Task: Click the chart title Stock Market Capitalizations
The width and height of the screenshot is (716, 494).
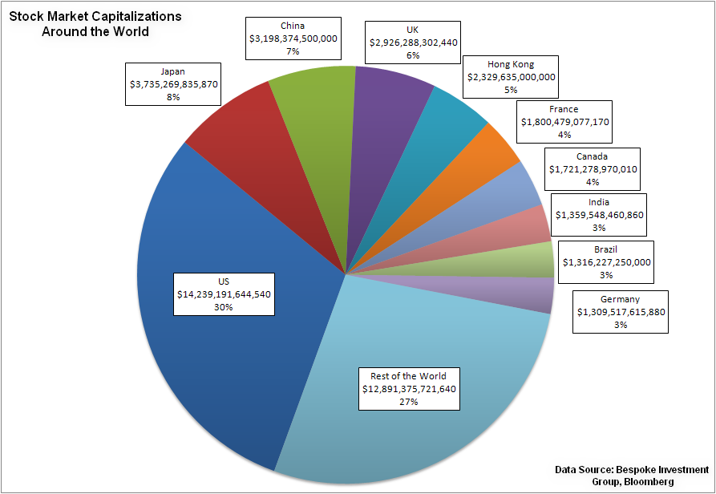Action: [x=95, y=16]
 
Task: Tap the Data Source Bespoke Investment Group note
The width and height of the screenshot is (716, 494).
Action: [x=631, y=475]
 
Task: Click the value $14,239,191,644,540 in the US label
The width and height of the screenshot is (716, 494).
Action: [x=224, y=294]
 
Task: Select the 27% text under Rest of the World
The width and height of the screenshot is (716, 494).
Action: [x=408, y=402]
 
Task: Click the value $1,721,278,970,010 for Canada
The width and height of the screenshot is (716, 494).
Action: [x=593, y=169]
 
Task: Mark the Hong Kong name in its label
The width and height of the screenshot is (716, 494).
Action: [x=511, y=64]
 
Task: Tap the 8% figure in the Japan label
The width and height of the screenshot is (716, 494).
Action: [x=173, y=96]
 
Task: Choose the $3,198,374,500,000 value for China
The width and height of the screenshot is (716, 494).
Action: [x=293, y=38]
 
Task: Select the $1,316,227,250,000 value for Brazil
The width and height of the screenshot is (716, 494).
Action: [x=606, y=261]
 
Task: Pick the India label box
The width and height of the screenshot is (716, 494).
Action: [x=599, y=215]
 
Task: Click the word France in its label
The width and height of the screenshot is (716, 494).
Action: [x=564, y=109]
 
